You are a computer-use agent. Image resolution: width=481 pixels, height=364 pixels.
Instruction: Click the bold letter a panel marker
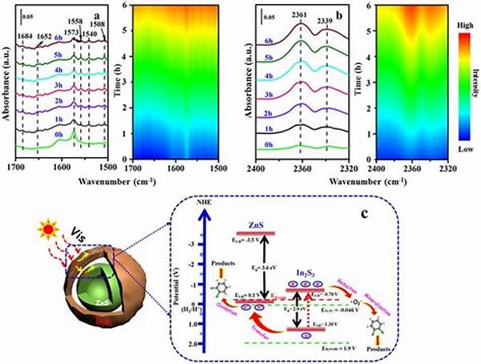click(96, 13)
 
